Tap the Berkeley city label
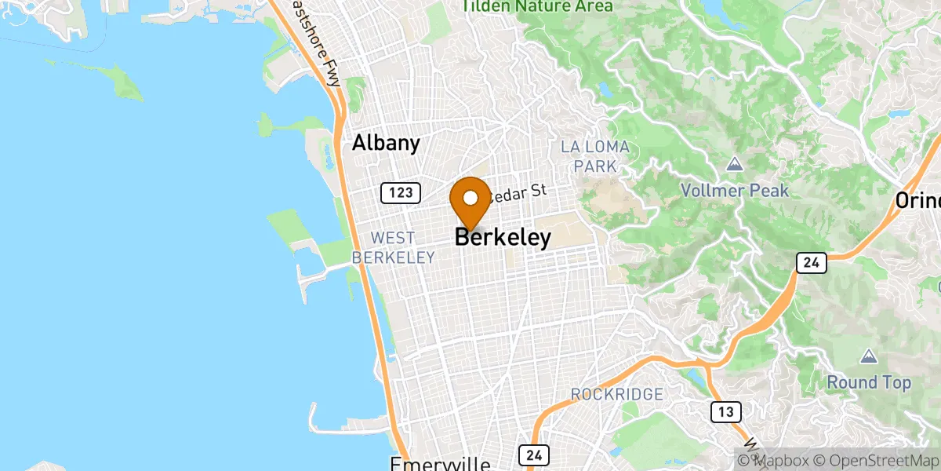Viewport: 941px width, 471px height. pos(503,238)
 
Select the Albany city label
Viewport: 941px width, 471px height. pos(386,143)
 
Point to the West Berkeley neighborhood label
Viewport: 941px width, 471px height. pos(393,247)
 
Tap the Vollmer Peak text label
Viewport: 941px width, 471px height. pos(735,191)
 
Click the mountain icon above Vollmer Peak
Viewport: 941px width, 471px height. pos(735,165)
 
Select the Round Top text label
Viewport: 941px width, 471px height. pos(869,383)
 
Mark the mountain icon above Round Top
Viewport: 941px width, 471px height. pos(869,357)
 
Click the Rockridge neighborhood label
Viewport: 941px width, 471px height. pos(617,394)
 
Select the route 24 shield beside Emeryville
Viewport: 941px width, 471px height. pos(534,455)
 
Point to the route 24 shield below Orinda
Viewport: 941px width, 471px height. pos(810,263)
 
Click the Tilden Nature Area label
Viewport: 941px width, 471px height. pos(537,6)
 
